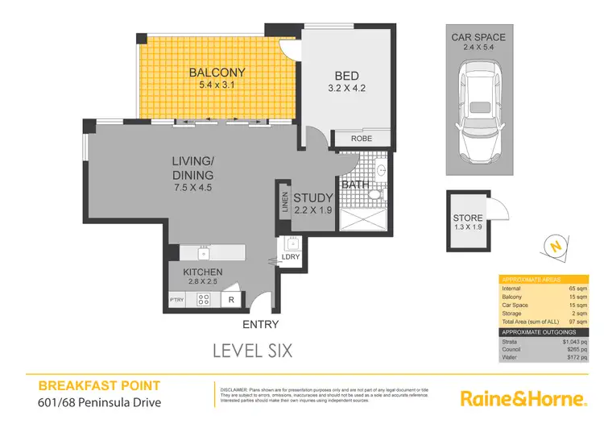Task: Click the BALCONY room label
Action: [x=217, y=73]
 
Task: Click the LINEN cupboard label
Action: [x=285, y=201]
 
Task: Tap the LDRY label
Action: [x=290, y=257]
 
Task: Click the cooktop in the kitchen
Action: [x=205, y=300]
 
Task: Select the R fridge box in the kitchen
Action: [x=230, y=300]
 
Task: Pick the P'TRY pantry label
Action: [x=177, y=301]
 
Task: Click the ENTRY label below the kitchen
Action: [x=260, y=325]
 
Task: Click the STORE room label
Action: [x=467, y=218]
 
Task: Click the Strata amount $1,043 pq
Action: [x=577, y=342]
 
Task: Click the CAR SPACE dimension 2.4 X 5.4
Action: [x=478, y=48]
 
